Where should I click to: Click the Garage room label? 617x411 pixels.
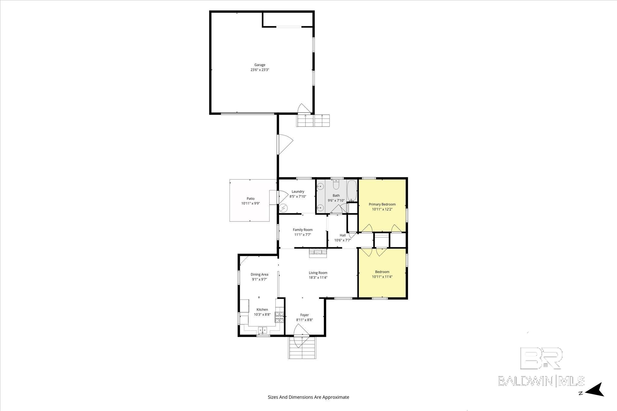pyautogui.click(x=260, y=65)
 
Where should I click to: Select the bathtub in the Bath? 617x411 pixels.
pyautogui.click(x=352, y=191)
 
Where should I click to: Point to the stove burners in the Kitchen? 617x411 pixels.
pyautogui.click(x=279, y=317)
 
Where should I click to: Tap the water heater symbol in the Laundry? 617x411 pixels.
pyautogui.click(x=283, y=208)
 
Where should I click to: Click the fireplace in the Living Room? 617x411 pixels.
pyautogui.click(x=318, y=253)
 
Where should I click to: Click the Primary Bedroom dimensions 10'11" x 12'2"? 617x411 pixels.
pyautogui.click(x=382, y=209)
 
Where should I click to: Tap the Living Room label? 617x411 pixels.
pyautogui.click(x=318, y=273)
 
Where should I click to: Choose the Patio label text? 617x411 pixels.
pyautogui.click(x=250, y=199)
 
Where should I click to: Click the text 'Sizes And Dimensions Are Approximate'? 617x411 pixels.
pyautogui.click(x=308, y=397)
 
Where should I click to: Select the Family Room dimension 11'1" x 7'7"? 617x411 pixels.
pyautogui.click(x=303, y=235)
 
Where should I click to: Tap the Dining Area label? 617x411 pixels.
pyautogui.click(x=259, y=274)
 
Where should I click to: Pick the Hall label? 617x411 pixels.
pyautogui.click(x=343, y=235)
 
